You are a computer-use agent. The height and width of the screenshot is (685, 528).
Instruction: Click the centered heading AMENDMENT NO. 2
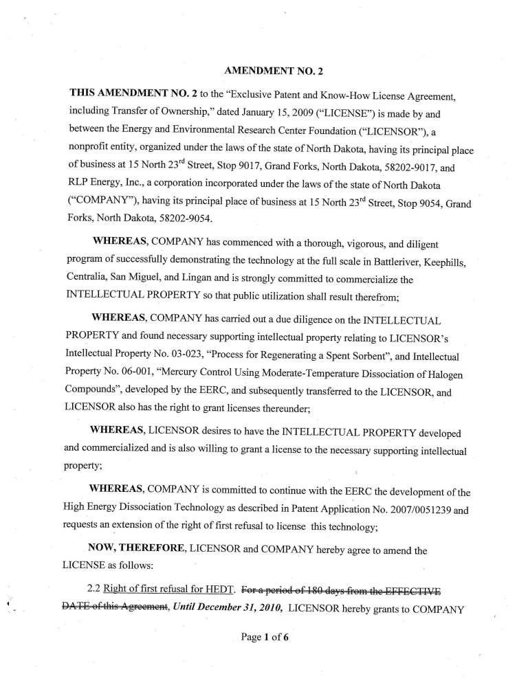pyautogui.click(x=264, y=71)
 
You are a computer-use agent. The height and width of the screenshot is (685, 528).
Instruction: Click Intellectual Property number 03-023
pyautogui.click(x=192, y=357)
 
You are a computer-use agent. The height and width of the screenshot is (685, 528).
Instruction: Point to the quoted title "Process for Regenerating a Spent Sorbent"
pyautogui.click(x=316, y=357)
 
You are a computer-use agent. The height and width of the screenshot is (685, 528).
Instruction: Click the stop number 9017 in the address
pyautogui.click(x=243, y=168)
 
